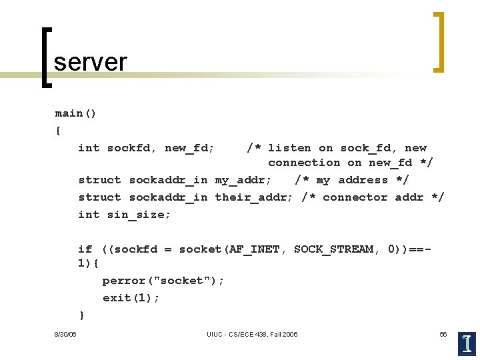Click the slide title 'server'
point(90,62)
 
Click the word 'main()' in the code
point(75,113)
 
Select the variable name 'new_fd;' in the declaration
point(190,148)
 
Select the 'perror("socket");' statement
point(163,281)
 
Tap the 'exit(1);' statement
point(131,298)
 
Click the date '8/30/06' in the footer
point(65,334)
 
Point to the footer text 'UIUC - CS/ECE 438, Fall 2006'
point(253,334)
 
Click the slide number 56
point(443,334)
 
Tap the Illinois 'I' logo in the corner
point(467,344)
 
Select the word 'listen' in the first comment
point(289,148)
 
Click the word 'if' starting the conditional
point(85,249)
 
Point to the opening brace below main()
point(58,131)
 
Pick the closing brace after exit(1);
point(81,315)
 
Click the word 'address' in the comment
point(363,180)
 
